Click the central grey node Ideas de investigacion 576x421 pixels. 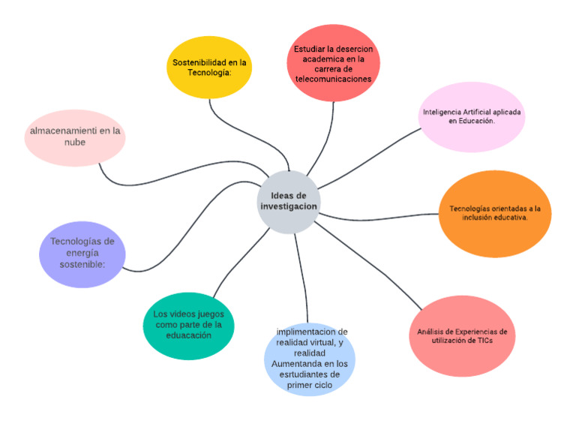[288, 201]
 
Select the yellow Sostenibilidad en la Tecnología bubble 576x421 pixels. [208, 68]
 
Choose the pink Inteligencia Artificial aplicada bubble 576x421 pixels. [472, 116]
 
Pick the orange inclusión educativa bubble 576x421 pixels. [494, 214]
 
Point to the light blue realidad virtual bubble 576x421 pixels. [310, 359]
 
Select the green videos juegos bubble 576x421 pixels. [188, 325]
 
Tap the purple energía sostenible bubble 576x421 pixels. [82, 254]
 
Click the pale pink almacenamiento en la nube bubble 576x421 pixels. [74, 137]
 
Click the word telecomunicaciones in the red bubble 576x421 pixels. [333, 77]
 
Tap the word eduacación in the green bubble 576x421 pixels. [188, 335]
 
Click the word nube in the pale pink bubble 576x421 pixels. [74, 143]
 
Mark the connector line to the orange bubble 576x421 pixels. [382, 218]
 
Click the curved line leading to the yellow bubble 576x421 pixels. [225, 128]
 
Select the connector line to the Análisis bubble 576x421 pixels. [367, 266]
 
